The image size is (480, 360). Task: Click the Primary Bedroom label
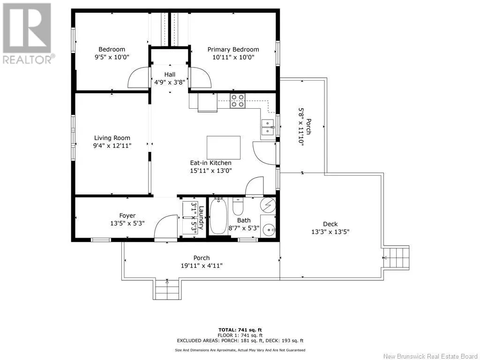(x=233, y=50)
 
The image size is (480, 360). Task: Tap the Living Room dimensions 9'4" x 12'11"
(x=112, y=146)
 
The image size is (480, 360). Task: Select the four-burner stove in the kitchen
(x=238, y=101)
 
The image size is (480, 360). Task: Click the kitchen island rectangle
(x=224, y=148)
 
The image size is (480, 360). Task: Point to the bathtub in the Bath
(x=218, y=216)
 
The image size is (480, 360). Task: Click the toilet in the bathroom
(x=238, y=206)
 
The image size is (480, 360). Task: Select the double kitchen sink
(x=268, y=127)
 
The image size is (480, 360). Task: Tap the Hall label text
(x=170, y=75)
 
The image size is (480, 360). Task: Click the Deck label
(x=330, y=224)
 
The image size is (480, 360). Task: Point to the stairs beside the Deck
(x=396, y=258)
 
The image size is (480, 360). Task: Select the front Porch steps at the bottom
(x=167, y=289)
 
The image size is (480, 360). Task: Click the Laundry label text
(x=201, y=217)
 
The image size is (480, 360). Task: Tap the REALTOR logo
(x=27, y=33)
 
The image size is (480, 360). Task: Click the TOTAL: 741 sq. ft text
(x=240, y=330)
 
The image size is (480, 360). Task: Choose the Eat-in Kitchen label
(x=210, y=163)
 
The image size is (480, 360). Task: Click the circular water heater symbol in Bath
(x=268, y=205)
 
